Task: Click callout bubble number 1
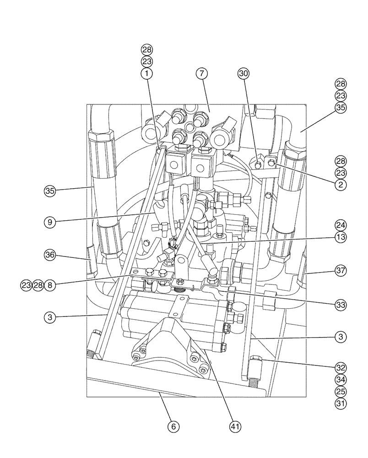(x=147, y=73)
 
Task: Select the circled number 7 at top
(x=202, y=73)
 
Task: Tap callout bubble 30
(x=244, y=73)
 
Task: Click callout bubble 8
(x=50, y=285)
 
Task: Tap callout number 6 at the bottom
(x=172, y=426)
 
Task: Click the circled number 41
(x=234, y=426)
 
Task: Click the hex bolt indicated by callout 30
(x=259, y=164)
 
